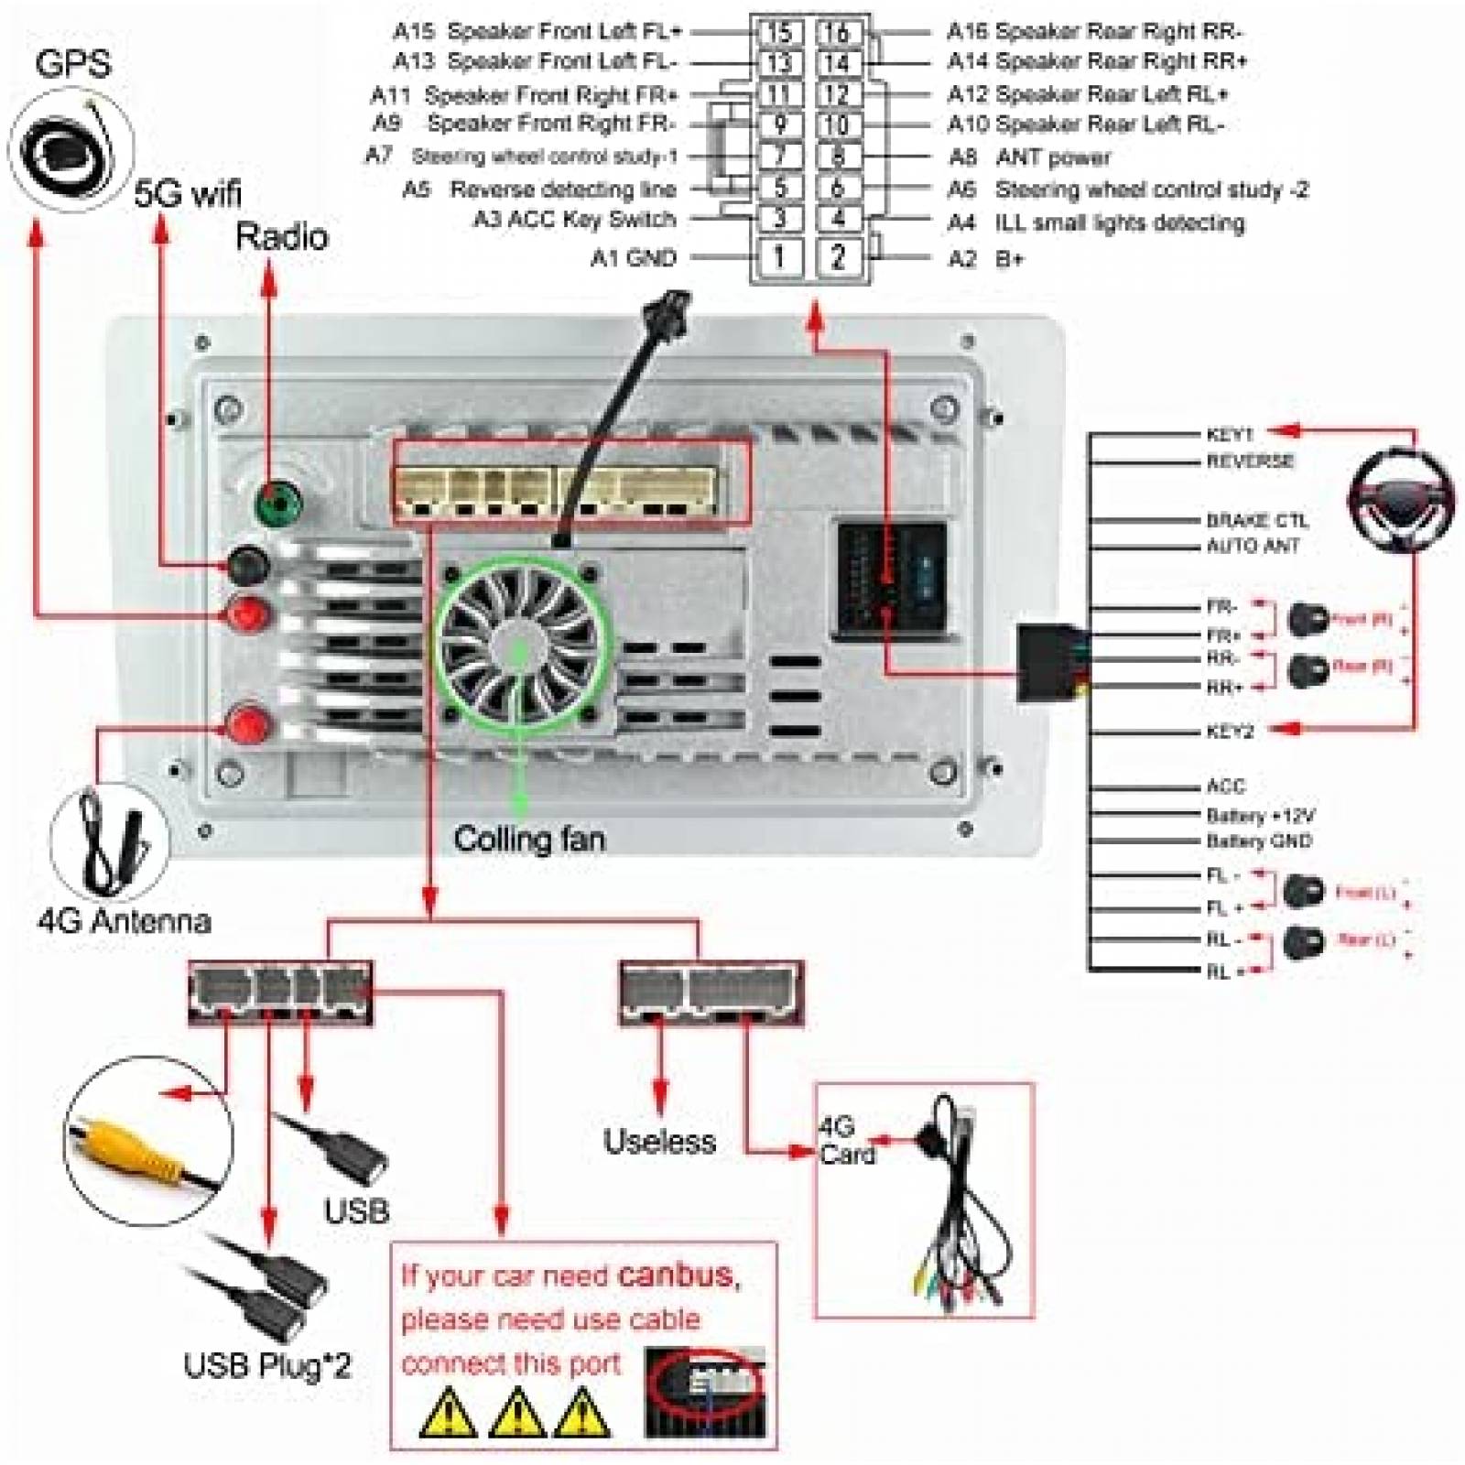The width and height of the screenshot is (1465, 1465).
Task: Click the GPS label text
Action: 73,63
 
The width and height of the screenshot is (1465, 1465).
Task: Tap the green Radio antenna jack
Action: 277,504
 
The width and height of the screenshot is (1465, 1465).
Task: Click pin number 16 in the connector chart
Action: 837,33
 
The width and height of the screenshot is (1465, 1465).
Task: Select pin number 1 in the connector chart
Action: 778,256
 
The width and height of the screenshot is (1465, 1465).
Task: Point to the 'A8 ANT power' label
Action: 1029,157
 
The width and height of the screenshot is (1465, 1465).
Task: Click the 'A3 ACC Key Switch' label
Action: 574,220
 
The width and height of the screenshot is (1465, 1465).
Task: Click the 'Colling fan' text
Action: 529,840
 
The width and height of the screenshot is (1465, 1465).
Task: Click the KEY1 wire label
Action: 1229,434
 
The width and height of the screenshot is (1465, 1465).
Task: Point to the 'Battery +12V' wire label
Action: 1260,815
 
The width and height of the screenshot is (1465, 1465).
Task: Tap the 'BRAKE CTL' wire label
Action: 1256,520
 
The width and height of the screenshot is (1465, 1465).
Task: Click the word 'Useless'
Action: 659,1141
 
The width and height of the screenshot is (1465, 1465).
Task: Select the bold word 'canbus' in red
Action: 676,1275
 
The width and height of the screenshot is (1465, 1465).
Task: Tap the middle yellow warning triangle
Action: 516,1412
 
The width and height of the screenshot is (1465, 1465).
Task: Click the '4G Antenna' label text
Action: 125,920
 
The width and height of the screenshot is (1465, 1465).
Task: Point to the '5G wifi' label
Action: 188,193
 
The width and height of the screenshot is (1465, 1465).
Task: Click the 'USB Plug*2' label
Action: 267,1365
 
